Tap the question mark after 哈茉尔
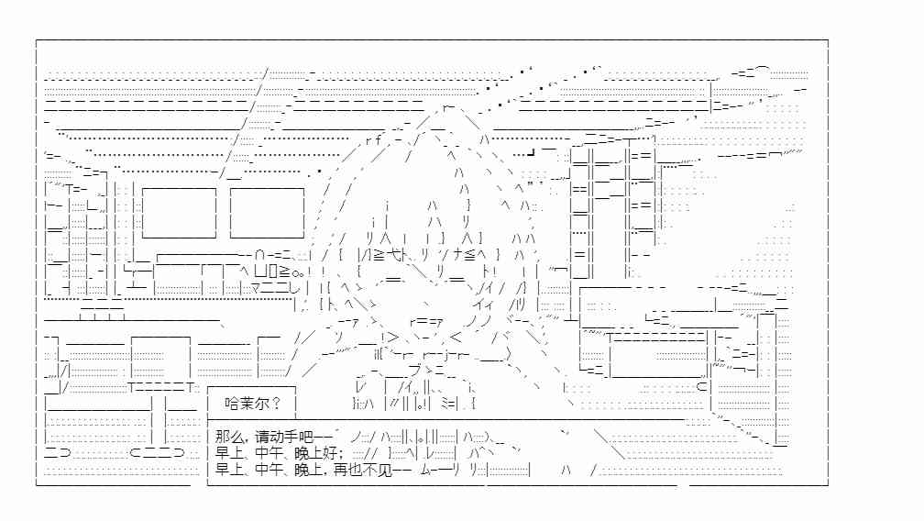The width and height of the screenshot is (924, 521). pyautogui.click(x=277, y=404)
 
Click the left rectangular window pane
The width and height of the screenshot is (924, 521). pyautogui.click(x=179, y=213)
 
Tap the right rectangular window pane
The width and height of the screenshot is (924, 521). pyautogui.click(x=267, y=213)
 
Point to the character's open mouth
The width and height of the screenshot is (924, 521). pyautogui.click(x=426, y=321)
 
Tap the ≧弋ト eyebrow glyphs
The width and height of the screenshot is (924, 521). pyautogui.click(x=389, y=255)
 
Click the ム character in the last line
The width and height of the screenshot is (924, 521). pyautogui.click(x=427, y=470)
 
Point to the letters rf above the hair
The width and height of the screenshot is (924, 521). pyautogui.click(x=374, y=140)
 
